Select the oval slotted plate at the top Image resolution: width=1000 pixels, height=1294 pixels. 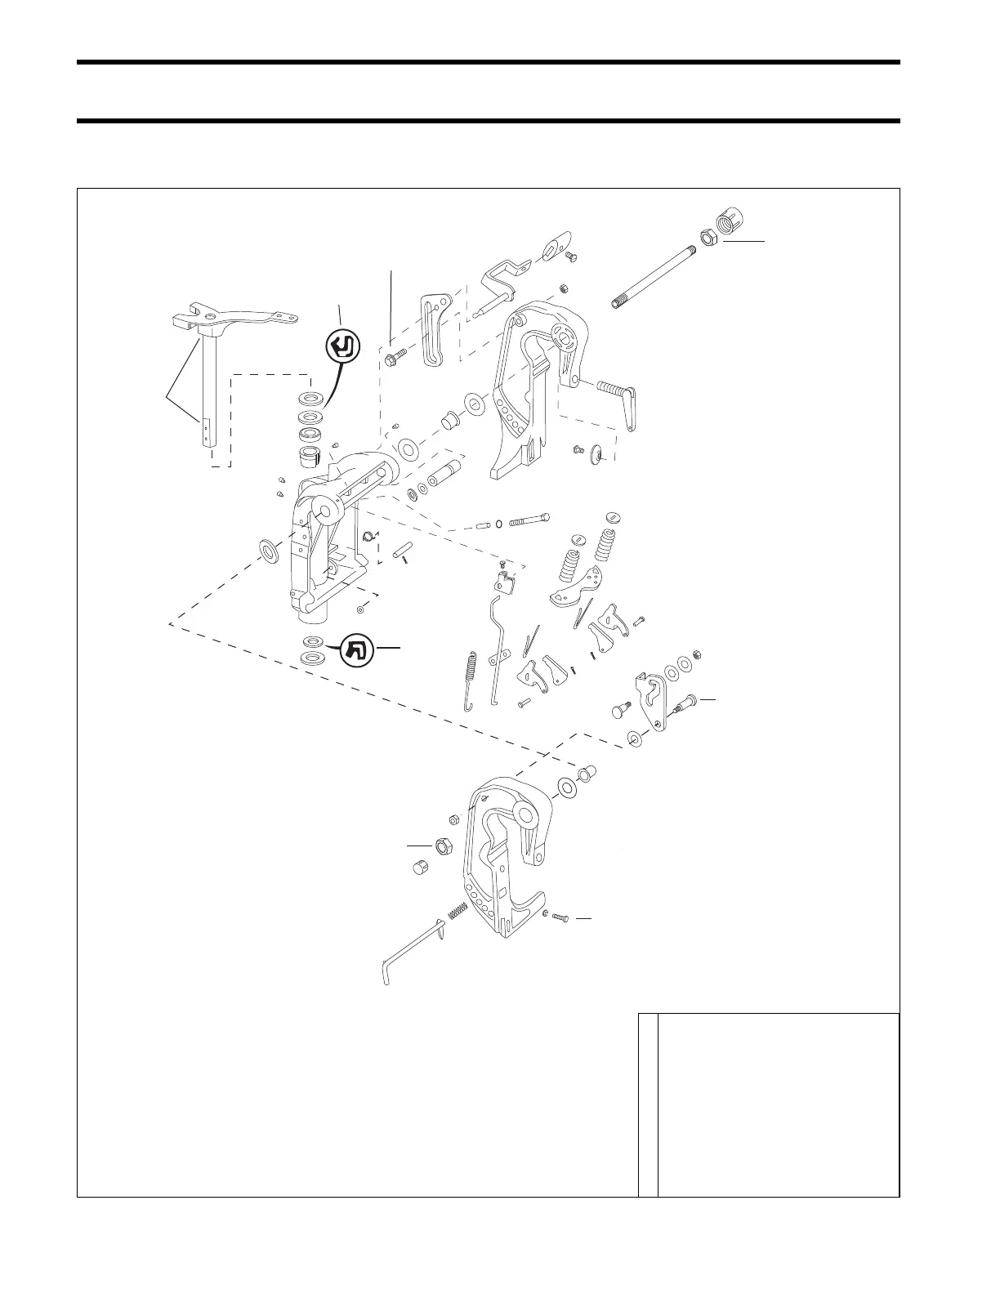pyautogui.click(x=551, y=248)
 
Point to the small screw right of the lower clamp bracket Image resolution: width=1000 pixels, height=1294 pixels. pyautogui.click(x=560, y=918)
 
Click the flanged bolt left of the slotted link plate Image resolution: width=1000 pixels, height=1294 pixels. pyautogui.click(x=394, y=357)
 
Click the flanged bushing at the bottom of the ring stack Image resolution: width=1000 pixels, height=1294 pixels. pyautogui.click(x=311, y=453)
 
